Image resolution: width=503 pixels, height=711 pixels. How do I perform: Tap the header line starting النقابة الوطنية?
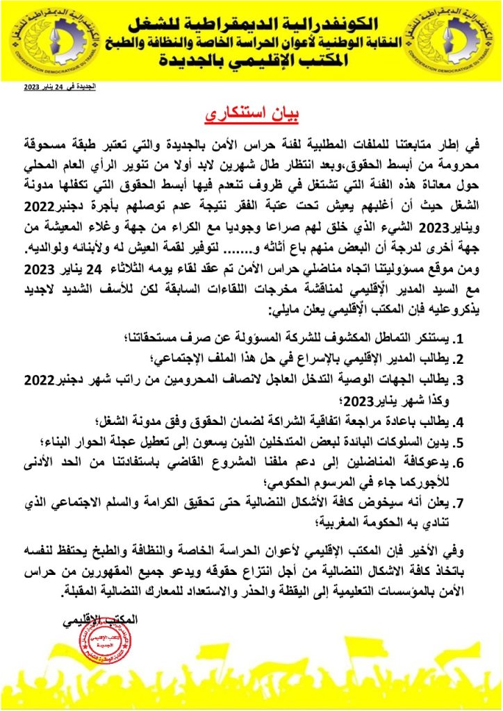point(252,41)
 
